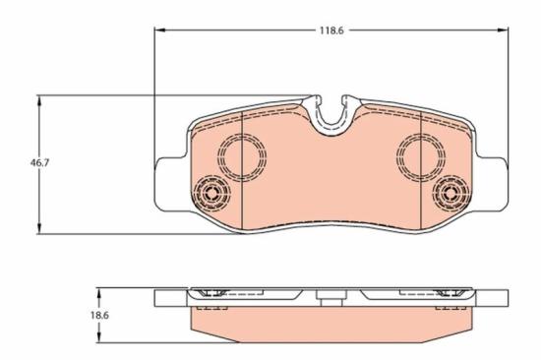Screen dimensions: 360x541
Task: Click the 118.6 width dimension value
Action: pos(330,30)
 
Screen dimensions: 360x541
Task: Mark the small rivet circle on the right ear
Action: pos(452,190)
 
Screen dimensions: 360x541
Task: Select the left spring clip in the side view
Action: pos(211,294)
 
